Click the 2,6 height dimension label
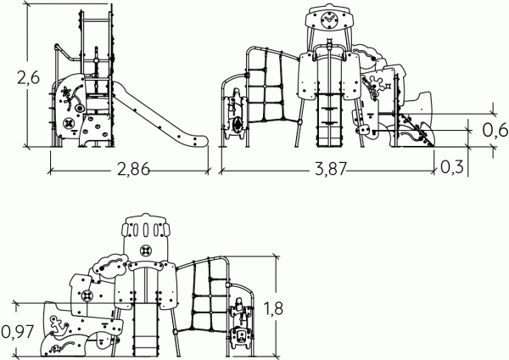click(28, 78)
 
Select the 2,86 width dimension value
click(133, 169)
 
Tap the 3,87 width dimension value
click(331, 169)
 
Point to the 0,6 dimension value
click(495, 130)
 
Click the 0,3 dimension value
click(452, 167)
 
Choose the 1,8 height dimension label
click(273, 309)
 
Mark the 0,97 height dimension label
click(18, 332)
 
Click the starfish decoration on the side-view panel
click(66, 93)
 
